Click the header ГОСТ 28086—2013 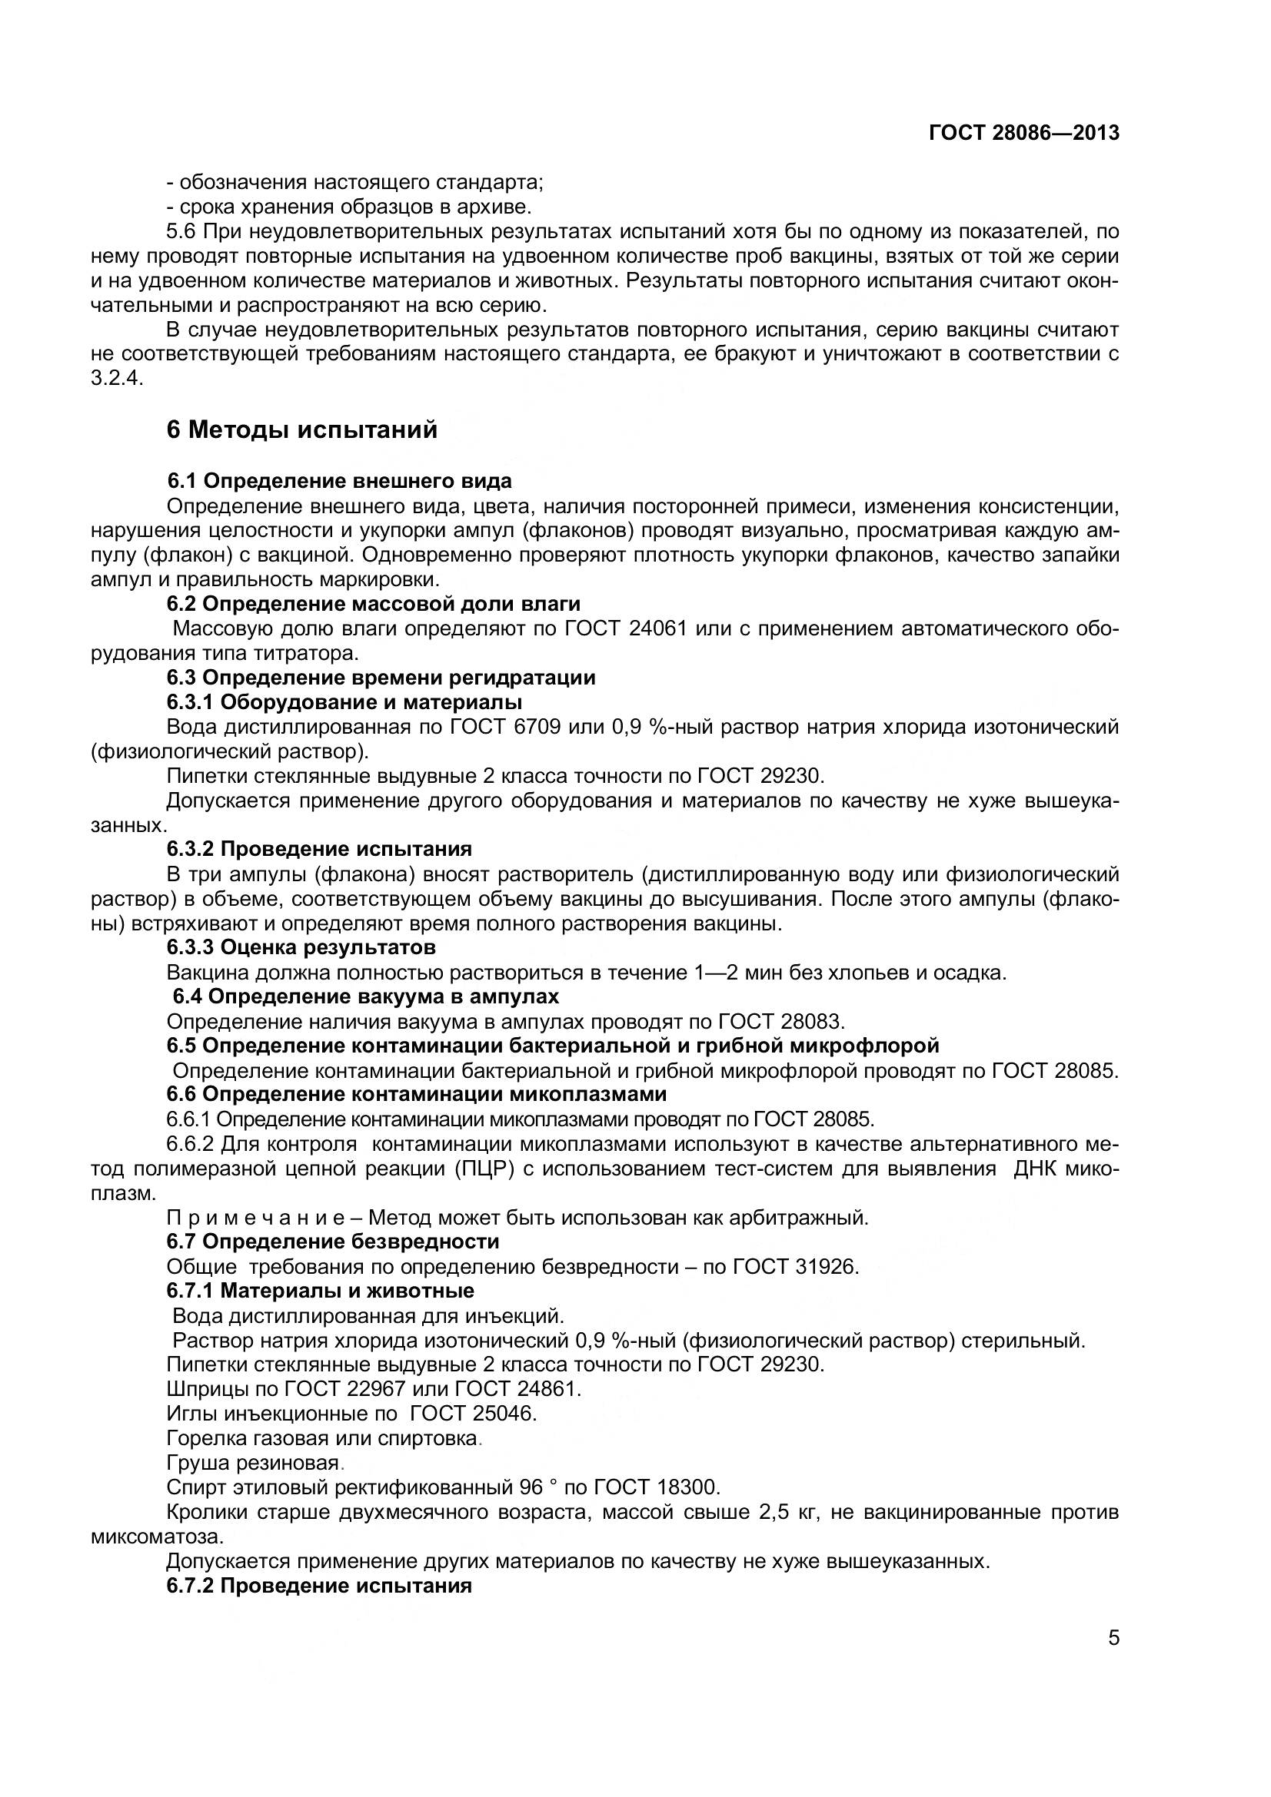[1023, 133]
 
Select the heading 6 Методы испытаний [301, 429]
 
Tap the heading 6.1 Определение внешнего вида [339, 480]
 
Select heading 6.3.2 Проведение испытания [319, 849]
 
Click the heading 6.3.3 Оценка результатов [301, 948]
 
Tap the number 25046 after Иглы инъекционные [504, 1414]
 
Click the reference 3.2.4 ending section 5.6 [118, 379]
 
